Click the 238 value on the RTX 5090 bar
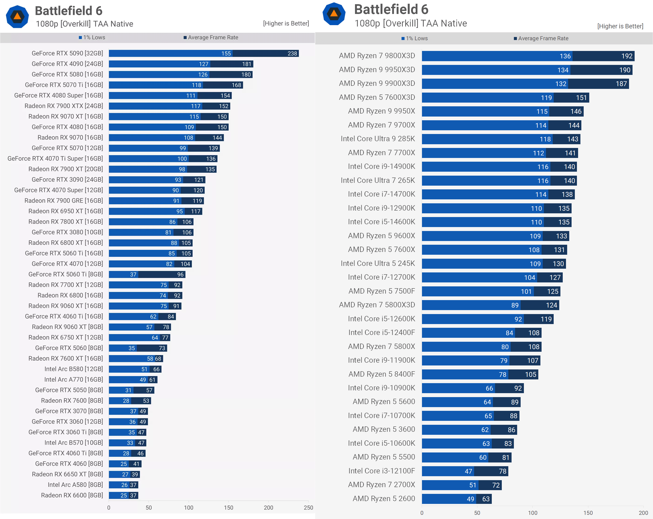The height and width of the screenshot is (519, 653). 292,54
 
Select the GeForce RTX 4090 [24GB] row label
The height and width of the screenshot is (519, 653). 67,64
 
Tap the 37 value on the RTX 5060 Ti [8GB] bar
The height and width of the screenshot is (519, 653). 133,275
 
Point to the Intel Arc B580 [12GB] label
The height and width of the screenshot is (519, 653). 74,369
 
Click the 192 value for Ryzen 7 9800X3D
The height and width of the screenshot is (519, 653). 627,56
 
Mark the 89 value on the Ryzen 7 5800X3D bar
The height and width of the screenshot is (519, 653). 515,305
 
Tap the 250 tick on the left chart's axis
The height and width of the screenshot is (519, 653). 308,508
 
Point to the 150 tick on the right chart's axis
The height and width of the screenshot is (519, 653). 588,513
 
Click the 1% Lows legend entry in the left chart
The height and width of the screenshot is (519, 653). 92,37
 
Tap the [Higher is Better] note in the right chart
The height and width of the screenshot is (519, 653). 620,26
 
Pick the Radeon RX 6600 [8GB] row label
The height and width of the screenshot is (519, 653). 72,495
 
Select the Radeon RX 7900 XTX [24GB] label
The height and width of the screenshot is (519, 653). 64,106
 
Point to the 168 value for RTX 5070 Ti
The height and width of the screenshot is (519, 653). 236,85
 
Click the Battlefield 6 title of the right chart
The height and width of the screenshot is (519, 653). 391,9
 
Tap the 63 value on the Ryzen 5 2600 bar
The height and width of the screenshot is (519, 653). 486,499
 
